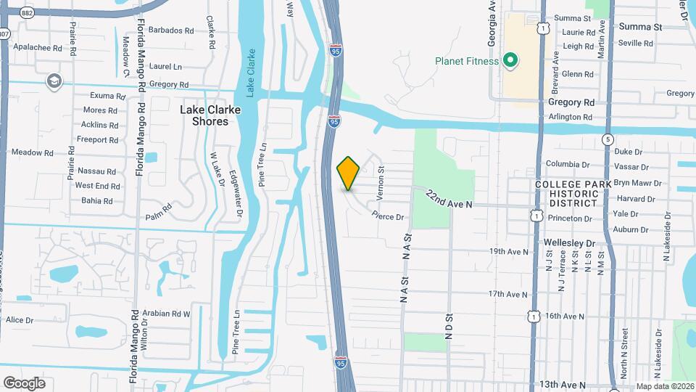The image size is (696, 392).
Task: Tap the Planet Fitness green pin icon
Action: pyautogui.click(x=510, y=61)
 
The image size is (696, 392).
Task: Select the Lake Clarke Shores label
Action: pyautogui.click(x=211, y=115)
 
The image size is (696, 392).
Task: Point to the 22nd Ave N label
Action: pyautogui.click(x=449, y=200)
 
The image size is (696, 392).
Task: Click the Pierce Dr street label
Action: pyautogui.click(x=387, y=216)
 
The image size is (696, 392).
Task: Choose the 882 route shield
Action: pyautogui.click(x=28, y=13)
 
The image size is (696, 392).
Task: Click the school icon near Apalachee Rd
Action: pyautogui.click(x=53, y=80)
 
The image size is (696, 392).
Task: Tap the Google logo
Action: pyautogui.click(x=24, y=383)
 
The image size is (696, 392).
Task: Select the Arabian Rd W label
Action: pyautogui.click(x=166, y=314)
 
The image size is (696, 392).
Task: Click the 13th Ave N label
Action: pyautogui.click(x=563, y=384)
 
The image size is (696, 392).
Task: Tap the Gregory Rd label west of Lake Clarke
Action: pyautogui.click(x=165, y=85)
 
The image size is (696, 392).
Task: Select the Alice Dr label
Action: pyautogui.click(x=20, y=320)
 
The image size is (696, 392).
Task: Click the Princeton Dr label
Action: pyautogui.click(x=572, y=218)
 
